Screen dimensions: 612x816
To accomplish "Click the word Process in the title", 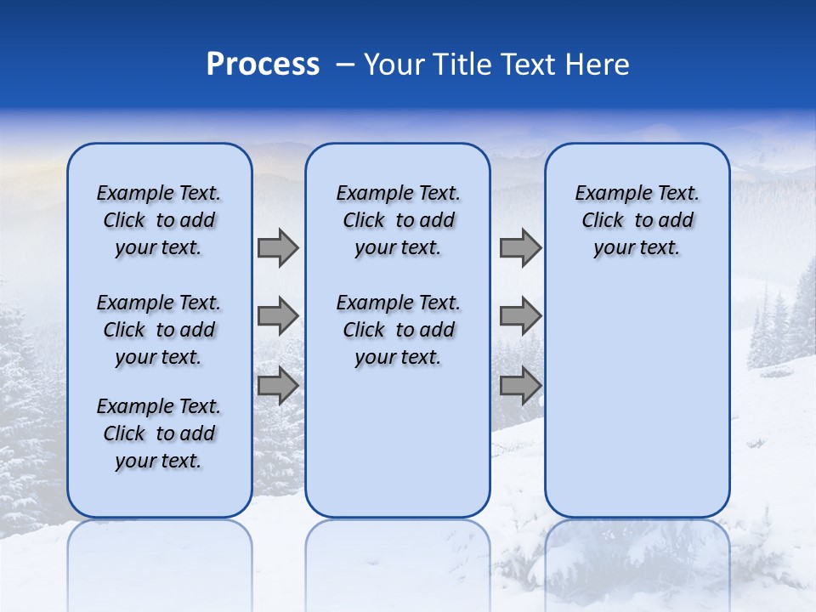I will pos(263,64).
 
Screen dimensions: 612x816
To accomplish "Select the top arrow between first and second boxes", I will pos(278,248).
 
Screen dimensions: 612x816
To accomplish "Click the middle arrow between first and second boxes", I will pos(278,317).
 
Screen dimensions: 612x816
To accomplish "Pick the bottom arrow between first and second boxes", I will pos(278,386).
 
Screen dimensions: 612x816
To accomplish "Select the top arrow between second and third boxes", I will pos(520,248).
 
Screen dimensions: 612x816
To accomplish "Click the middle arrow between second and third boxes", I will pos(520,317).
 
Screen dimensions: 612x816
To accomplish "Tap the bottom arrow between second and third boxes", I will pos(520,386).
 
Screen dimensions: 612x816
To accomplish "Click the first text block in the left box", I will pos(159,220).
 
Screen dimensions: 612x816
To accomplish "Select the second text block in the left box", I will pos(159,330).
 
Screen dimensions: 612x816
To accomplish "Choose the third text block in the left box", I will pos(159,433).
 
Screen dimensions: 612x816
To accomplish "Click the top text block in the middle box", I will pos(398,220).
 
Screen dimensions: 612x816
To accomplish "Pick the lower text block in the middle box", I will pos(398,330).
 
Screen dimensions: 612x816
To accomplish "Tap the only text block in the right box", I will pos(637,220).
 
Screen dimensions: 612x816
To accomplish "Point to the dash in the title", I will pos(345,65).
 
